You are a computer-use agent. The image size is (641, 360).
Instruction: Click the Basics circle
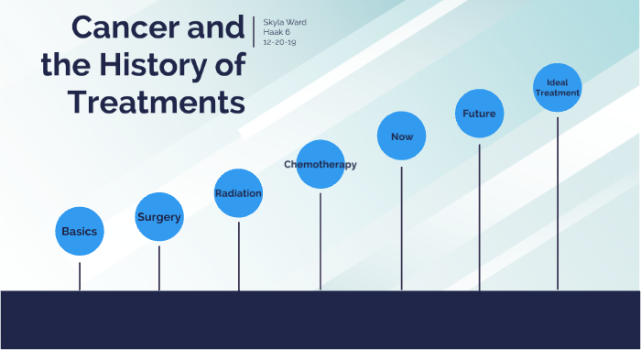point(80,231)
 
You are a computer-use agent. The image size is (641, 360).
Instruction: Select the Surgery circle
point(159,218)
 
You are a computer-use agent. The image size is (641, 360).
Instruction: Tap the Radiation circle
point(239,193)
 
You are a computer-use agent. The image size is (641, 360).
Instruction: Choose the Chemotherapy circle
point(320,165)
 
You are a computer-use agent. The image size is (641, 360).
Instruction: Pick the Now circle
point(402,136)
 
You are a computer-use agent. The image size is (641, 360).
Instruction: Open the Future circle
point(479,114)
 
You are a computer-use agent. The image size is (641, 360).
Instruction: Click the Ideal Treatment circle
point(558,88)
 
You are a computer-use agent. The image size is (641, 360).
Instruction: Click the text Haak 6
point(277,32)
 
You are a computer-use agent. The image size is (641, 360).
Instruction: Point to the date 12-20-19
point(279,42)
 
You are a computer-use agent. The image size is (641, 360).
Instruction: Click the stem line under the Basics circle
point(80,275)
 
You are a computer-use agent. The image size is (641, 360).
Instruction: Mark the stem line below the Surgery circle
point(159,267)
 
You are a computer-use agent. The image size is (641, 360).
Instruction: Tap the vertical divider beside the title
point(254,31)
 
